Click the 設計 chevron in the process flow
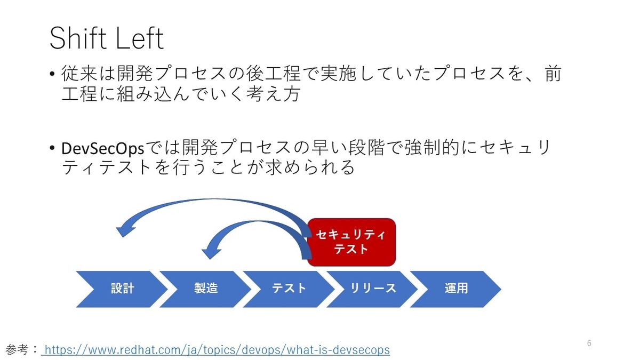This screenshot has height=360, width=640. tap(122, 289)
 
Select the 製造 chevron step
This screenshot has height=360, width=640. tap(205, 289)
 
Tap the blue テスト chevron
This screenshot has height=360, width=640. tap(289, 289)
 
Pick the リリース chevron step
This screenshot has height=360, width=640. tap(373, 289)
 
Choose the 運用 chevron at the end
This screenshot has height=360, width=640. tap(456, 289)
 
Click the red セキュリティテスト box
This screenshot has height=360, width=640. tap(351, 242)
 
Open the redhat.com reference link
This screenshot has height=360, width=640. tap(217, 350)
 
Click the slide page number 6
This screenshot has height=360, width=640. tap(589, 343)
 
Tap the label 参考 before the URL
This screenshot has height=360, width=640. tap(18, 350)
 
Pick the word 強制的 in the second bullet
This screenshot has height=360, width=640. tap(430, 147)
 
